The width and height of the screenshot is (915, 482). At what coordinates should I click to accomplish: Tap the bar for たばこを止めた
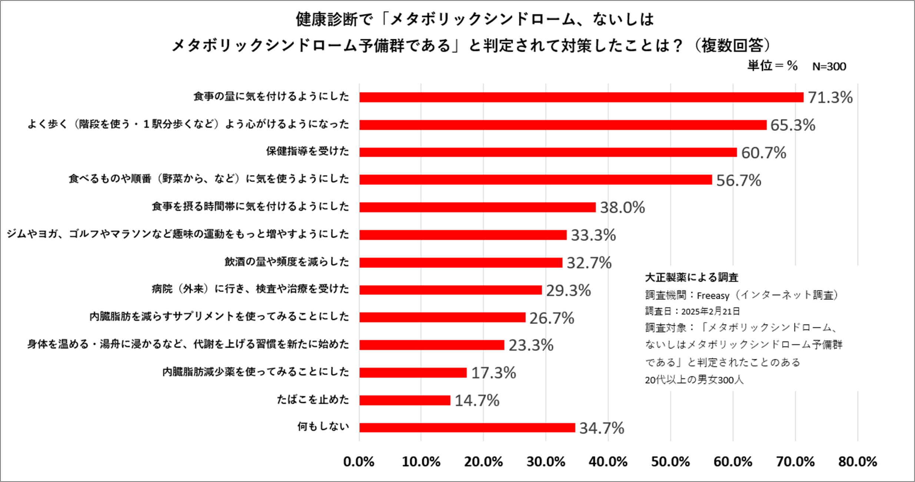405,400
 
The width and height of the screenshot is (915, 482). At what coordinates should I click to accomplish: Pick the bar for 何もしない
467,427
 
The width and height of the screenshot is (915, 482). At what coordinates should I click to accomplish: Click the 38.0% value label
622,207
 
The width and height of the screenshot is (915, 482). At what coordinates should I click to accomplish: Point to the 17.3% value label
493,373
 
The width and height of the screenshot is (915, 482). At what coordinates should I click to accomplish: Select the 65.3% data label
793,125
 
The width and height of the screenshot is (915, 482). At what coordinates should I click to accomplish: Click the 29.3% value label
568,290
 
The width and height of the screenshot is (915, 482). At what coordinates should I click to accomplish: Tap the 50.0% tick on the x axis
671,462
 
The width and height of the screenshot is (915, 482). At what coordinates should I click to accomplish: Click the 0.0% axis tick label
359,462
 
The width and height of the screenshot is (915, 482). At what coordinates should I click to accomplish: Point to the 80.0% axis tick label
858,462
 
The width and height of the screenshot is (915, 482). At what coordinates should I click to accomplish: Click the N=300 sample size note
829,66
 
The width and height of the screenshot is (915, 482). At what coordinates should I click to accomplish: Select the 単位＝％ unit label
772,66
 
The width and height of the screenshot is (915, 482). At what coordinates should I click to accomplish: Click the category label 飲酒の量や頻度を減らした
287,262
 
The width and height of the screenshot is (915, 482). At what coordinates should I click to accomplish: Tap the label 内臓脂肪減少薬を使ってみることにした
256,372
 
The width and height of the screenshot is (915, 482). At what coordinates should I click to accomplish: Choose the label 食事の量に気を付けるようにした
271,97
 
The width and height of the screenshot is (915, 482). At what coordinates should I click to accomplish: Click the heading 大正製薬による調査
691,277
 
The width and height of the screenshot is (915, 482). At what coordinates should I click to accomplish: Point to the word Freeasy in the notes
713,296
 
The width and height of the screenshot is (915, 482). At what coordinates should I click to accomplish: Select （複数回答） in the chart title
732,46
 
